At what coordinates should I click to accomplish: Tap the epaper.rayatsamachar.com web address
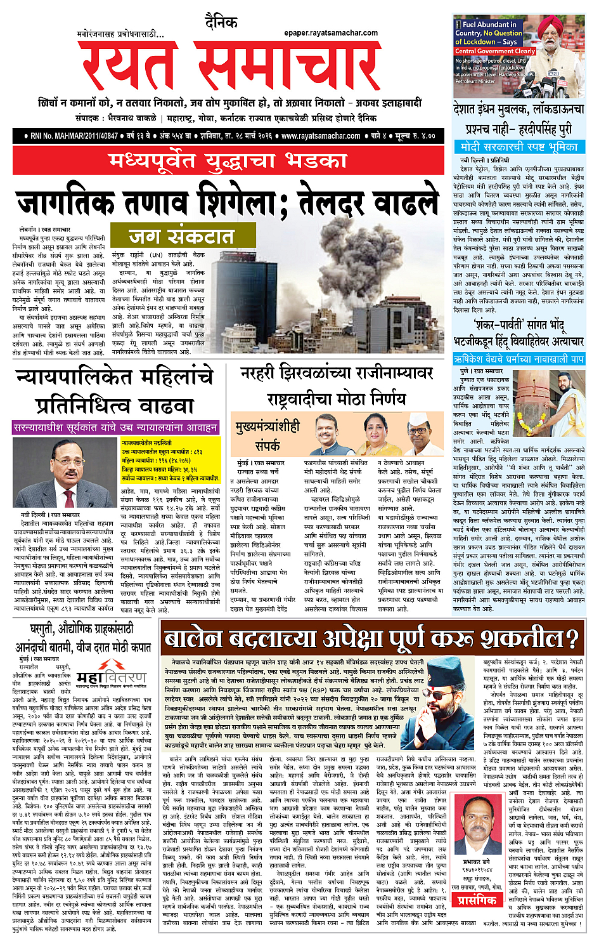pyautogui.click(x=331, y=33)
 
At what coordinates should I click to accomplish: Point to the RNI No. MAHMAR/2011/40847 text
pyautogui.click(x=74, y=136)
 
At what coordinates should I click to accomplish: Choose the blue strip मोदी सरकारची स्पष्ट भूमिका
pyautogui.click(x=519, y=147)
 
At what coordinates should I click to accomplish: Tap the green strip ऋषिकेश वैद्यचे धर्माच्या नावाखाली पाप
pyautogui.click(x=519, y=359)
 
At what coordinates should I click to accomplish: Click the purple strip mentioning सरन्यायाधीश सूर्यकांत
pyautogui.click(x=115, y=428)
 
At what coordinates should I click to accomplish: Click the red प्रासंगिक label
pyautogui.click(x=477, y=900)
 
